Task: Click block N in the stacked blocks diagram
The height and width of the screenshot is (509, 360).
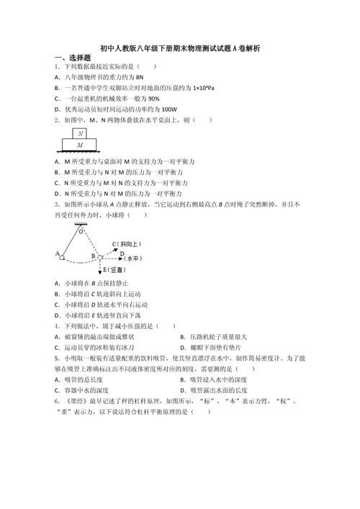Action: (x=81, y=133)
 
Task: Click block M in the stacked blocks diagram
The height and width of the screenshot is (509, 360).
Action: (x=81, y=145)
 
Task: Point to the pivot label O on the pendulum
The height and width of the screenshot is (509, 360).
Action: (x=81, y=232)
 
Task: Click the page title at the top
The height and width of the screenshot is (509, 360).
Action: (x=181, y=48)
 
